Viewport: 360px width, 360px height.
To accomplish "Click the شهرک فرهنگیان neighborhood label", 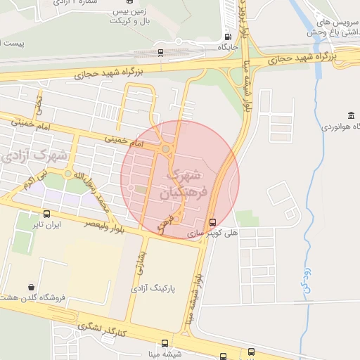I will (184, 184).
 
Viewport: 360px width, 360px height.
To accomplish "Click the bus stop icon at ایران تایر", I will (47, 213).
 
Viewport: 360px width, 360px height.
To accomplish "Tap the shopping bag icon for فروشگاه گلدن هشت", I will (32, 287).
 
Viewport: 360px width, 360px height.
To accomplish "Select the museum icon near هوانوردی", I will (351, 115).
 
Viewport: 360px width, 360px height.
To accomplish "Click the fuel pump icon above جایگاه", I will (227, 37).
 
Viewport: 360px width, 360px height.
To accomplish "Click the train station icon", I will (161, 52).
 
